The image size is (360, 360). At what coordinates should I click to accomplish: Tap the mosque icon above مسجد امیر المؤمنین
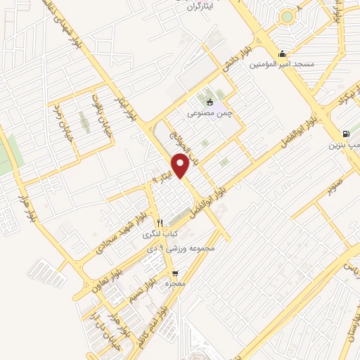(283, 54)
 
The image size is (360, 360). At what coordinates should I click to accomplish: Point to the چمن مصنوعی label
(210, 112)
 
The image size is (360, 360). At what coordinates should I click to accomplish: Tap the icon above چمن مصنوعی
(210, 103)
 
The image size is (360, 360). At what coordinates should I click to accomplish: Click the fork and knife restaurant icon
(160, 222)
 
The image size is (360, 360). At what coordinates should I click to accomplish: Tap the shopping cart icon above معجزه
(174, 273)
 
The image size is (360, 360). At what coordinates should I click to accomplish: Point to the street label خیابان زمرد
(58, 120)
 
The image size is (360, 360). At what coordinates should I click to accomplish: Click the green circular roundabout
(286, 17)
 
